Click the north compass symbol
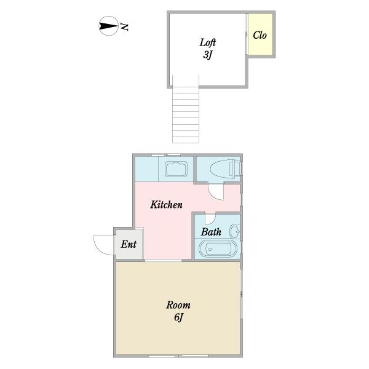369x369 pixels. pos(108,26)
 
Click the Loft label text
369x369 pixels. pos(207,42)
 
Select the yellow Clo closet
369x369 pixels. pos(260,35)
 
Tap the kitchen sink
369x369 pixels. pos(177,169)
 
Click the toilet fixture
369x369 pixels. pos(221,168)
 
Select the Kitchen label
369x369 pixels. pos(166,205)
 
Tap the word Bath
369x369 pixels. pos(211,232)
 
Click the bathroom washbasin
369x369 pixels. pos(234,232)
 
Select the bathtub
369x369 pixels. pos(218,250)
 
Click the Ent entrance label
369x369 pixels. pos(128,244)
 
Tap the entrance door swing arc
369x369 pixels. pos(101,244)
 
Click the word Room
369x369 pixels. pos(178,305)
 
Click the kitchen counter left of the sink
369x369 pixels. pos(146,169)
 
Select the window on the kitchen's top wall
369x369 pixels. pos(166,154)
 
